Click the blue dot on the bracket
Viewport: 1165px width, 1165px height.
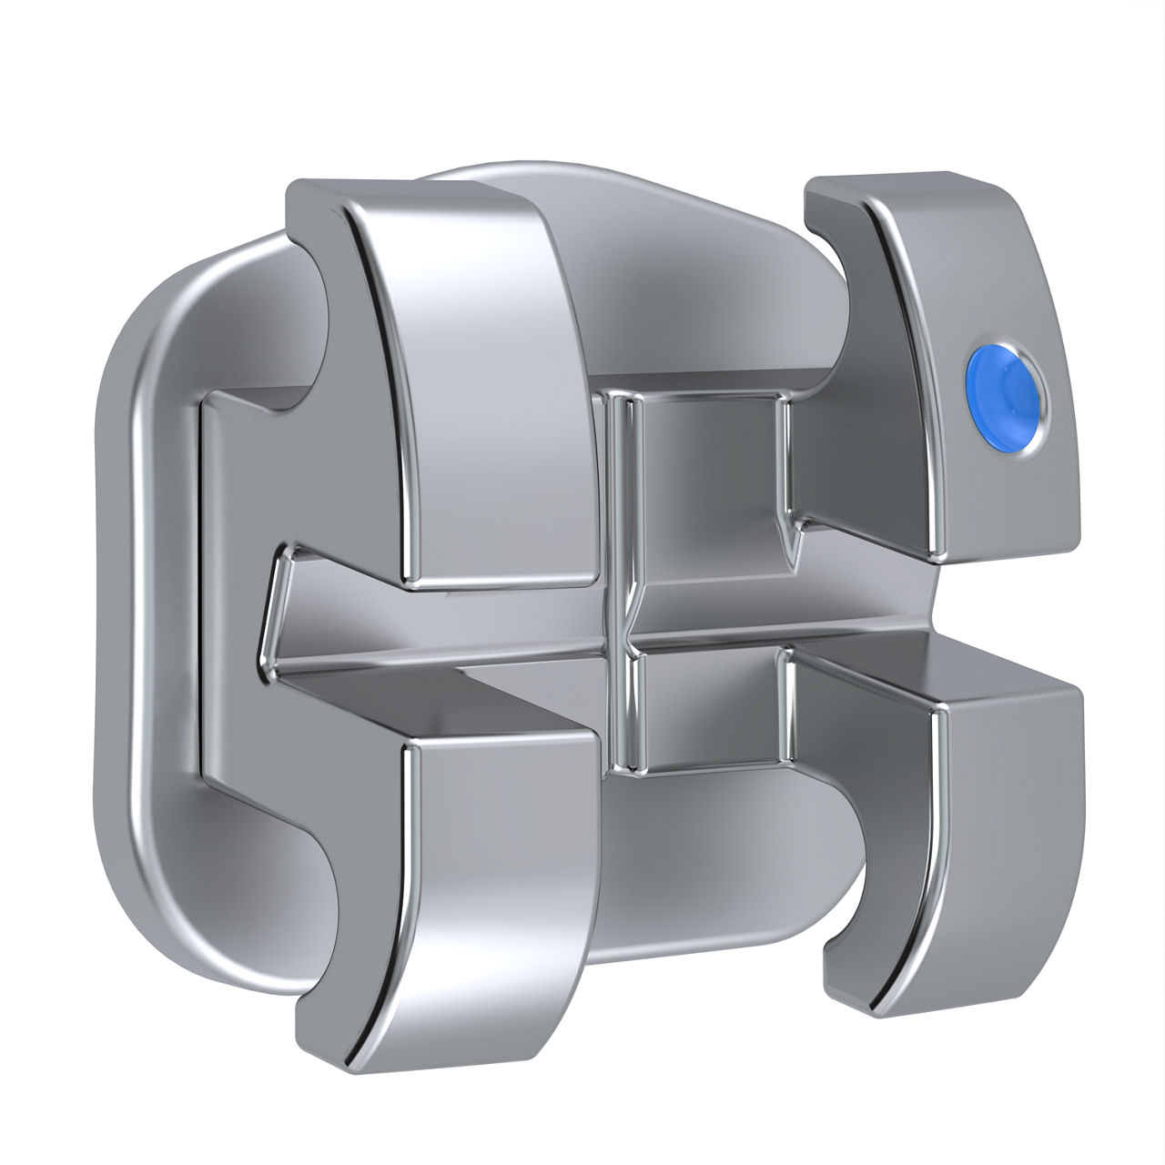coord(1006,396)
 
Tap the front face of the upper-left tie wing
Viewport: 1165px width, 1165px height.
coord(473,382)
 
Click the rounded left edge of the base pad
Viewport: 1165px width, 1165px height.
coord(118,582)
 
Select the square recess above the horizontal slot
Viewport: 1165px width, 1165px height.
coord(705,464)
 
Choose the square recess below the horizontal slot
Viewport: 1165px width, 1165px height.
coord(705,710)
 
